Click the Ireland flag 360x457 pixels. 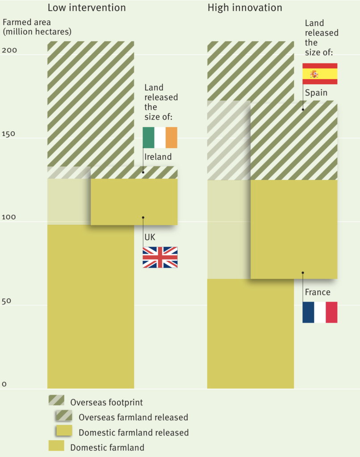click(x=160, y=137)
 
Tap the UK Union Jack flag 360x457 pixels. click(x=160, y=257)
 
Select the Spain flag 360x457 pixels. click(x=320, y=74)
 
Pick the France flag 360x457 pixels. click(x=320, y=312)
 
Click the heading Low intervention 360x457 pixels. click(x=87, y=8)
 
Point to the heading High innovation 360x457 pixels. click(x=245, y=8)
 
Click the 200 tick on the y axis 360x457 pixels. click(x=9, y=50)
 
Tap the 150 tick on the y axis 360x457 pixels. click(x=9, y=134)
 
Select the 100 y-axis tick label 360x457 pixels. click(x=9, y=217)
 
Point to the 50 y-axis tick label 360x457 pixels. click(x=7, y=301)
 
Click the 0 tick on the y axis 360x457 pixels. click(x=4, y=384)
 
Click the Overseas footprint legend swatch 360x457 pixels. click(x=56, y=400)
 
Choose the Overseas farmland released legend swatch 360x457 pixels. click(x=63, y=415)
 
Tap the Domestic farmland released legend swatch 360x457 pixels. click(x=63, y=431)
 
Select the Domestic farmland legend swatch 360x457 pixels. click(x=56, y=446)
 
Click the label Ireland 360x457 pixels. click(x=157, y=157)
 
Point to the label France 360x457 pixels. click(x=318, y=292)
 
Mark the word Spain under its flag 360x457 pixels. click(x=316, y=93)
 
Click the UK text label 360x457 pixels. click(x=150, y=237)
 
